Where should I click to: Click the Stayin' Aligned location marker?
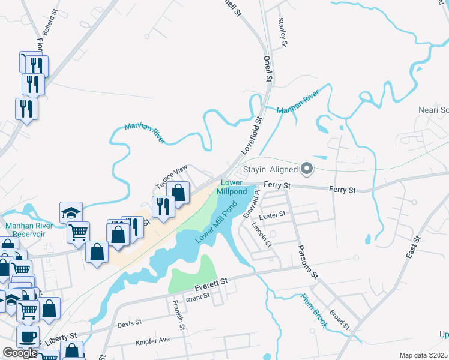pyautogui.click(x=307, y=169)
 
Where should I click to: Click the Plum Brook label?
pyautogui.click(x=313, y=310)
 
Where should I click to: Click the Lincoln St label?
pyautogui.click(x=262, y=235)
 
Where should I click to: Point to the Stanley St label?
pyautogui.click(x=283, y=32)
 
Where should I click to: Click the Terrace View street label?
pyautogui.click(x=172, y=175)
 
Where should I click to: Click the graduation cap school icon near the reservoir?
pyautogui.click(x=71, y=212)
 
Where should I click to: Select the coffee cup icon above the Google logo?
pyautogui.click(x=28, y=336)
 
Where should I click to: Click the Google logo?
pyautogui.click(x=20, y=353)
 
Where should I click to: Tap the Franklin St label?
pyautogui.click(x=178, y=315)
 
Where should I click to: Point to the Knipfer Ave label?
pyautogui.click(x=153, y=340)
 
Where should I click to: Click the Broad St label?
pyautogui.click(x=339, y=320)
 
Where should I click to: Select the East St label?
pyautogui.click(x=413, y=246)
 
